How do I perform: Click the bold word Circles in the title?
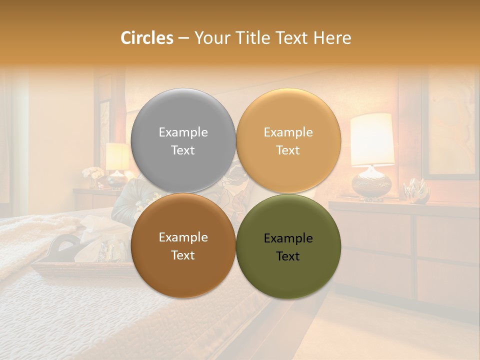(x=147, y=38)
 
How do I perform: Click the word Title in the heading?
(x=249, y=38)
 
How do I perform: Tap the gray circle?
(x=183, y=141)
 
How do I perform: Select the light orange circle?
(x=288, y=141)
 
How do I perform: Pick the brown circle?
(x=183, y=246)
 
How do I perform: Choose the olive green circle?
(x=288, y=247)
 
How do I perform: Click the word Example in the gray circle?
(x=183, y=132)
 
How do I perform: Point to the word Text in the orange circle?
(x=288, y=150)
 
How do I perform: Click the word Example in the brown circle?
(x=183, y=237)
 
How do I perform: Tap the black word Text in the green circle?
(x=288, y=256)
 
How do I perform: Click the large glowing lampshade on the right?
(x=372, y=139)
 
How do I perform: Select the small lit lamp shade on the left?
(x=117, y=156)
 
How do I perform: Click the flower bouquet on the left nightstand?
(x=93, y=173)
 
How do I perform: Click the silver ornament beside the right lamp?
(x=417, y=191)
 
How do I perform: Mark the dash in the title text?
(x=183, y=38)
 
